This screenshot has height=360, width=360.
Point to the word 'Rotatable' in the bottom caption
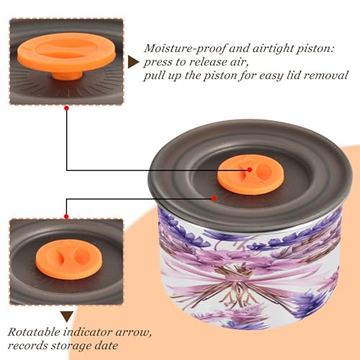pyautogui.click(x=34, y=332)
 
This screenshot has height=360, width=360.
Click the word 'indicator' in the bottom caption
pyautogui.click(x=88, y=332)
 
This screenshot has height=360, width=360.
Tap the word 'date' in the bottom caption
pyautogui.click(x=106, y=346)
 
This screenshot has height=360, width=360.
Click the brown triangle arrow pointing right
pyautogui.click(x=132, y=62)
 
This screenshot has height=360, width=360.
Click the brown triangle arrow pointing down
pyautogui.click(x=67, y=316)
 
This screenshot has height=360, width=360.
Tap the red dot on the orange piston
pyautogui.click(x=250, y=170)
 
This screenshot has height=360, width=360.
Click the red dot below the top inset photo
pyautogui.click(x=67, y=109)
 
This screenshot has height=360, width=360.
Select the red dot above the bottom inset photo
pyautogui.click(x=66, y=217)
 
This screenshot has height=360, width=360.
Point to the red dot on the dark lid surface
pyautogui.click(x=214, y=199)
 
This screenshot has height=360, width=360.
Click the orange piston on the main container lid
pyautogui.click(x=251, y=176)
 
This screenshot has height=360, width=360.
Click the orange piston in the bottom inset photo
pyautogui.click(x=69, y=259)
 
